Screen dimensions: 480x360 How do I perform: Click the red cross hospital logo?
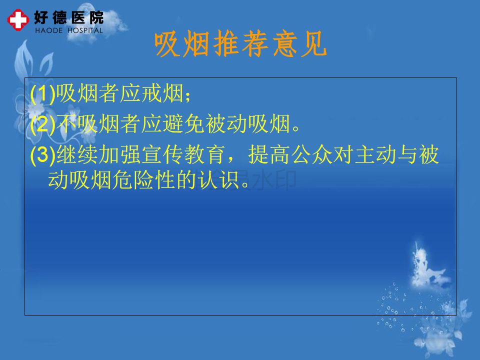[18, 20]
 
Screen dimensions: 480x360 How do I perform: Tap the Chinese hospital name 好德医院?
[69, 17]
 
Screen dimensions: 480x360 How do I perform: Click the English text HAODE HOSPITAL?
[69, 30]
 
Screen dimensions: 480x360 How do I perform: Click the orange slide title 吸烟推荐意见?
[240, 44]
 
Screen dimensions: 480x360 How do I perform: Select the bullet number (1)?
[43, 93]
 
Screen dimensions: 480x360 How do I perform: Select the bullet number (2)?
[43, 124]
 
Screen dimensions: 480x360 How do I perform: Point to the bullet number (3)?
[43, 154]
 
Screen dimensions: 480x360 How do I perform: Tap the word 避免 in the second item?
[183, 123]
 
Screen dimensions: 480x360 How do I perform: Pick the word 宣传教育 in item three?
[183, 154]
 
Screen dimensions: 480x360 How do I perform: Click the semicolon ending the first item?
[187, 96]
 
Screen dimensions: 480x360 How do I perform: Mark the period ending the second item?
[296, 128]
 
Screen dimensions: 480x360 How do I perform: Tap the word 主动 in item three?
[376, 154]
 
